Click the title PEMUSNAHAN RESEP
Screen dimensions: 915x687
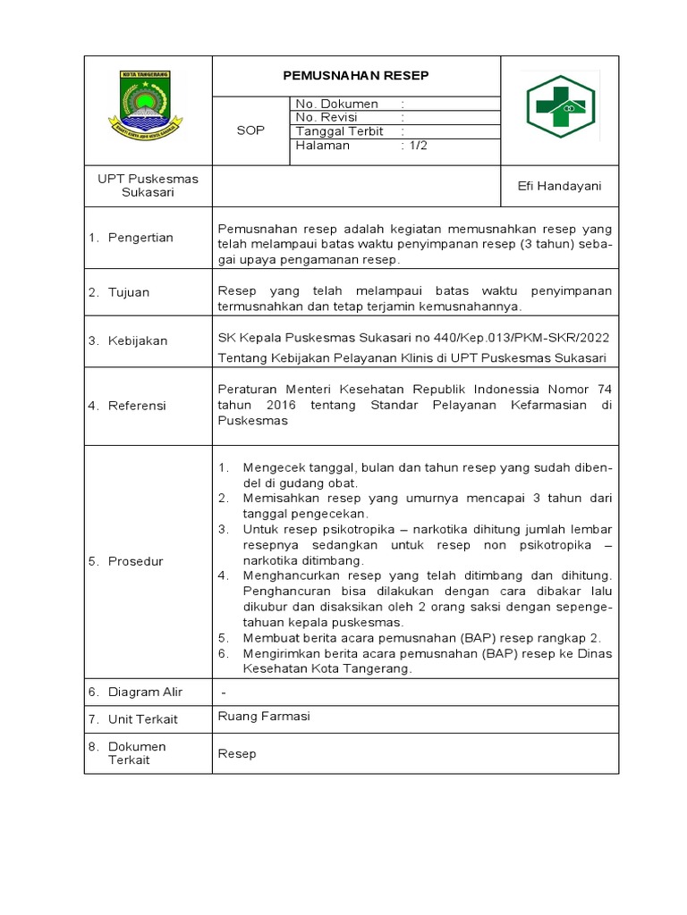tap(355, 76)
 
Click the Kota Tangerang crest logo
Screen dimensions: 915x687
tap(146, 105)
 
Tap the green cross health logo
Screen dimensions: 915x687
tap(561, 107)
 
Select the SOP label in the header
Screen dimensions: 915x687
tap(250, 130)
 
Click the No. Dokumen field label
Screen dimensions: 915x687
tap(337, 104)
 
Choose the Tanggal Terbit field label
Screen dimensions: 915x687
tap(339, 131)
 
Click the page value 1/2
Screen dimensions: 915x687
tap(417, 146)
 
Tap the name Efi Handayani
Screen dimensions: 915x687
tap(560, 186)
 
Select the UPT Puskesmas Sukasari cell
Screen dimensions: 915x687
tap(148, 185)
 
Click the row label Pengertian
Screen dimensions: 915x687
tap(140, 238)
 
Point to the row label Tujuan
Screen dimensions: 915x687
tap(129, 292)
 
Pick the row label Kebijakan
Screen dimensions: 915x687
tap(138, 340)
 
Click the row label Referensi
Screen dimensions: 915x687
tap(137, 406)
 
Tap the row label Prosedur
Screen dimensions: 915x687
tap(135, 561)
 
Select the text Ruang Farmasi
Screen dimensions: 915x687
tap(264, 716)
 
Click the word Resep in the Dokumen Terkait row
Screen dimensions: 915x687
tap(237, 753)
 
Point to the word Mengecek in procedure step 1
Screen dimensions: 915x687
tap(271, 468)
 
